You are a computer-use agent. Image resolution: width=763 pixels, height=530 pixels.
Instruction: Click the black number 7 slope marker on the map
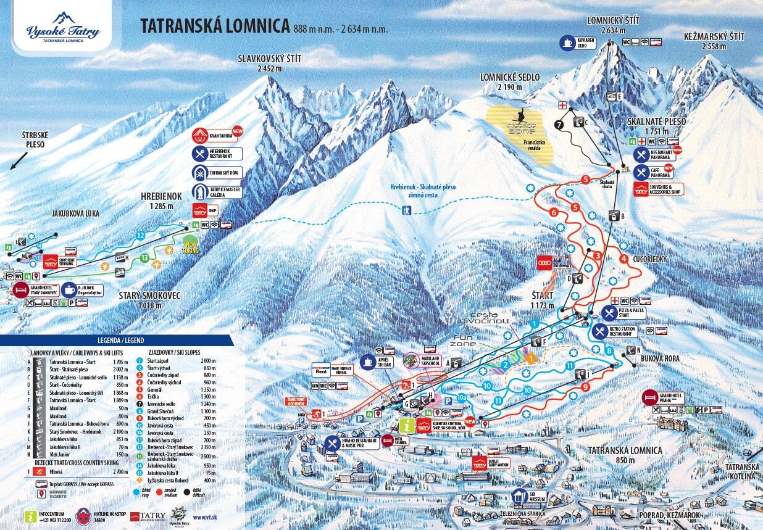click(x=559, y=124)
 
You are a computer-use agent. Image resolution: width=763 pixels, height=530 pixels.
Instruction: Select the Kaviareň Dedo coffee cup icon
click(x=566, y=43)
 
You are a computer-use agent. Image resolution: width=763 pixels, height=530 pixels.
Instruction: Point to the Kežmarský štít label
click(x=714, y=41)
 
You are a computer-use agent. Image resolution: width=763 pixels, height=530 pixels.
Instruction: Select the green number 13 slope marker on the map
click(x=144, y=257)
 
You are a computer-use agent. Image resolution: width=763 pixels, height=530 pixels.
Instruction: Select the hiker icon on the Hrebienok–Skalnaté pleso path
click(x=406, y=211)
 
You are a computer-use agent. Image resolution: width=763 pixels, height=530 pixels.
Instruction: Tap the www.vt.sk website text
click(x=204, y=517)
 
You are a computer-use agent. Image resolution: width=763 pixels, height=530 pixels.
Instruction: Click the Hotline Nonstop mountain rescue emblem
click(x=83, y=516)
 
